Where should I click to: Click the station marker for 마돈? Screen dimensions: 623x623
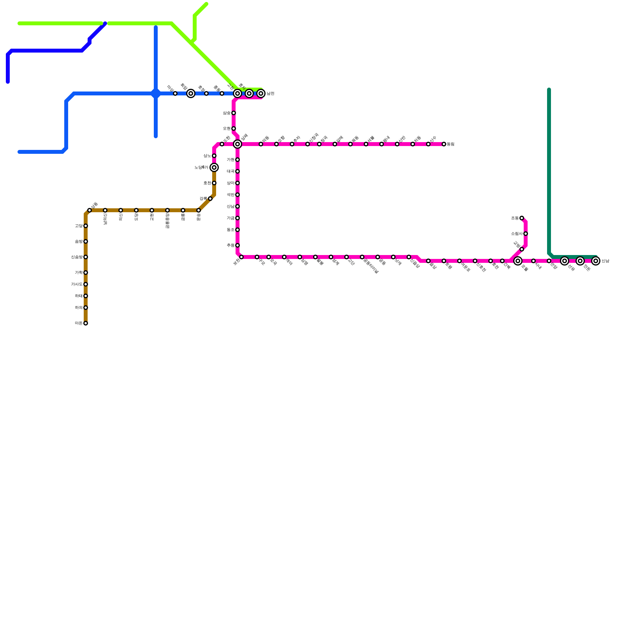point(86,323)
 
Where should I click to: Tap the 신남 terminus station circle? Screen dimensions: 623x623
point(596,261)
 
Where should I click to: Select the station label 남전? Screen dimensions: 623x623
point(271,94)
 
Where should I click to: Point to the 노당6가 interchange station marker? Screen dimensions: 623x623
point(214,167)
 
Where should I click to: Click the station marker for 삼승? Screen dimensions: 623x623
point(234,113)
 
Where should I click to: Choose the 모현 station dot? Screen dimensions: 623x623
point(234,128)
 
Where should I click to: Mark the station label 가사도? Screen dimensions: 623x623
point(77,285)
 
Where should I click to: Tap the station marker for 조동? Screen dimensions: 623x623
point(522,218)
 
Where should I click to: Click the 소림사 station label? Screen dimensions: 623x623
point(517,234)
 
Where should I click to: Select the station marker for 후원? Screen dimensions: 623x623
point(238,245)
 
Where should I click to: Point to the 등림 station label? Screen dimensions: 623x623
point(451,144)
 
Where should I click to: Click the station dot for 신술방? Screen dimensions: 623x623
point(86,257)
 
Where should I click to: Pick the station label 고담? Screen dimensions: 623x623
point(79,226)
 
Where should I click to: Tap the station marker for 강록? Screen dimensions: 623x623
point(210,199)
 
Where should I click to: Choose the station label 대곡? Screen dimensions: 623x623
point(231,172)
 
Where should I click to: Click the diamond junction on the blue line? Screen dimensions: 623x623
point(156,93)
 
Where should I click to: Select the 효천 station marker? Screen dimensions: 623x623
point(214,183)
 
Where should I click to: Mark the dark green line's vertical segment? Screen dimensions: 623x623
point(549,171)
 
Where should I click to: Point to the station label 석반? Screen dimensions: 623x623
point(231,195)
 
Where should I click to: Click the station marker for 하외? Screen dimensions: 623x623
point(86,308)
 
